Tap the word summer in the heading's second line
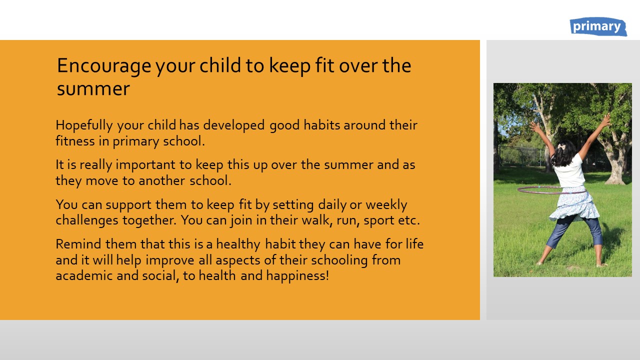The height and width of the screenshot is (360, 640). [93, 89]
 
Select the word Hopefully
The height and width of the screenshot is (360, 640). [84, 126]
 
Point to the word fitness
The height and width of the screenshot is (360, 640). [75, 141]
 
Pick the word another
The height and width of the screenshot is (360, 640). [162, 180]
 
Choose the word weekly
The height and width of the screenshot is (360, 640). [386, 205]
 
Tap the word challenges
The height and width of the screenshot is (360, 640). [87, 221]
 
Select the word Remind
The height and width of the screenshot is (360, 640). [78, 244]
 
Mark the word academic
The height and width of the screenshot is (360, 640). [84, 275]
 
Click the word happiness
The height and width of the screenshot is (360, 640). [297, 276]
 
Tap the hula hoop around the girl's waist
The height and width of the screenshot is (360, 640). [551, 190]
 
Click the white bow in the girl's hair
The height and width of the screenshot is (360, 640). [561, 146]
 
